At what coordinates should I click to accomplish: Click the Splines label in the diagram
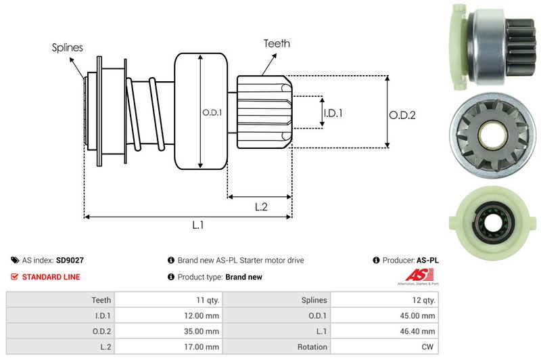[x=67, y=48]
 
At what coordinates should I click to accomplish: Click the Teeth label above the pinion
[x=277, y=43]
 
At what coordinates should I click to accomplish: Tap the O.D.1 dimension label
[x=212, y=112]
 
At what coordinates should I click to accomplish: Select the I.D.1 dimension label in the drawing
[x=333, y=113]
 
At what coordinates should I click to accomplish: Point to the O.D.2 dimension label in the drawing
[x=402, y=115]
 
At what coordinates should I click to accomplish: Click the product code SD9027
[x=70, y=260]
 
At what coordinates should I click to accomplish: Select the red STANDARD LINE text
[x=51, y=277]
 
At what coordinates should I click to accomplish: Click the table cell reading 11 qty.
[x=206, y=300]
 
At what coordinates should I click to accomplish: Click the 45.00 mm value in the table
[x=419, y=315]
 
